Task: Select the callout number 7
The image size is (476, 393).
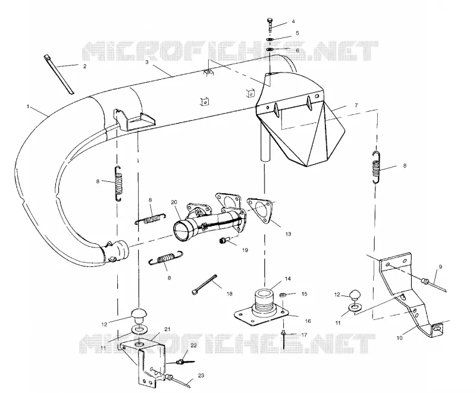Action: point(356,105)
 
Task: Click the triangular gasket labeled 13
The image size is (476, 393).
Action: point(259,209)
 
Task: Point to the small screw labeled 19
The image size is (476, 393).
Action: point(223,240)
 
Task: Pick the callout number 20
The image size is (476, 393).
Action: point(174,202)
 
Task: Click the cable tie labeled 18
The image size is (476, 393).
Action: point(204,284)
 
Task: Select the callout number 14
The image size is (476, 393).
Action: point(288,278)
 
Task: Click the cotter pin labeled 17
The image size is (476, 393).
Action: point(284,339)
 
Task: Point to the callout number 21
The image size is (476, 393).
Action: point(167,329)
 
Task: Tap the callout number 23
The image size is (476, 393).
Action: point(201,375)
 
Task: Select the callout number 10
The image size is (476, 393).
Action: point(399,338)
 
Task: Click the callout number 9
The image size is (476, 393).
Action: point(440,267)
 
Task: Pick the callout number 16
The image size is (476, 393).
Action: point(308,321)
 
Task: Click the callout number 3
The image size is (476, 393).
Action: point(146,62)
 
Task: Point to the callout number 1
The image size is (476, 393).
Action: point(28,106)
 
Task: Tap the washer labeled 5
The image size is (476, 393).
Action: point(270,39)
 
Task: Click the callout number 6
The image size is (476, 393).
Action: point(297,51)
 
